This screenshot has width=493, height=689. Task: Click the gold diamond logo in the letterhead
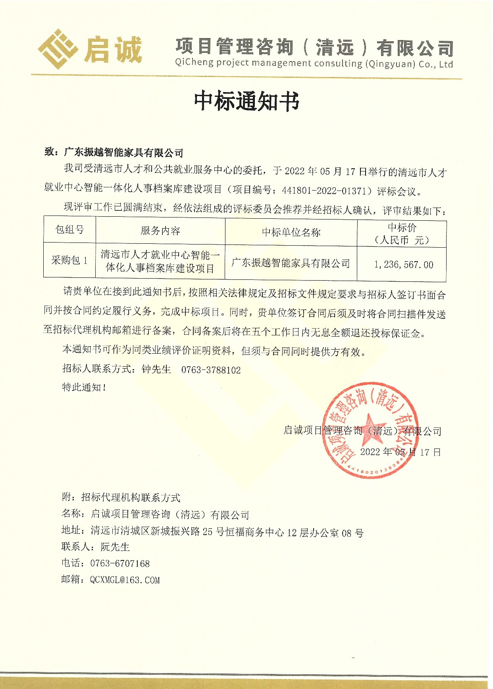point(58,49)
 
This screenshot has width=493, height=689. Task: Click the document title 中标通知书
point(246,101)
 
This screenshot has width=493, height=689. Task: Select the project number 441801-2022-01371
point(324,191)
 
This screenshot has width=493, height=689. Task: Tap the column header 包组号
point(69,230)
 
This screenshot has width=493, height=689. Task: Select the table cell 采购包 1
point(69,260)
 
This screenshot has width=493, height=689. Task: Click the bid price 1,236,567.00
point(403,265)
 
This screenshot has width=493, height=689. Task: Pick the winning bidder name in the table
point(291,263)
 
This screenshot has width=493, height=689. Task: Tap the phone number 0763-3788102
point(211,370)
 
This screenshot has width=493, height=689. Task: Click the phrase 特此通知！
point(84,387)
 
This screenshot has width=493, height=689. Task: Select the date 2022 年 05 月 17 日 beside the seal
point(400,452)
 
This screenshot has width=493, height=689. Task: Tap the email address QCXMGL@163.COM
point(125,580)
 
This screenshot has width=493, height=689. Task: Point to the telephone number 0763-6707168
point(120,564)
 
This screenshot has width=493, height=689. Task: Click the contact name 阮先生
point(115,547)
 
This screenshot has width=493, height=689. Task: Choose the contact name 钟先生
point(156,370)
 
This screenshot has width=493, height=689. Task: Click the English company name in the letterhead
point(314,64)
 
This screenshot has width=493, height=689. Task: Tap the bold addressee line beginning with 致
point(114,152)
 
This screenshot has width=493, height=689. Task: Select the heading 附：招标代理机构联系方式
point(121,497)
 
